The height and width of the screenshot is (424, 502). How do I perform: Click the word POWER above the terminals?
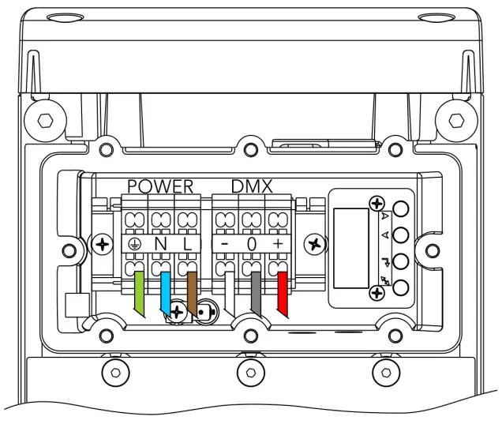tap(160, 186)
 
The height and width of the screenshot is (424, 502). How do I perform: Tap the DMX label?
tap(252, 186)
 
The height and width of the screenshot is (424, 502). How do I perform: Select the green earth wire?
tap(139, 293)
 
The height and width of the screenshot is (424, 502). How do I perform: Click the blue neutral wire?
tap(166, 293)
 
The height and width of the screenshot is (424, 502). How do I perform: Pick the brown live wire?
tap(192, 293)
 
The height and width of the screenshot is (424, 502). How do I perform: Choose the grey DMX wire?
tap(256, 293)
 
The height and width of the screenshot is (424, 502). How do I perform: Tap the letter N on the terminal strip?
tap(160, 244)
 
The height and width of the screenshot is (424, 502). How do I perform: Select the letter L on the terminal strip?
tap(186, 244)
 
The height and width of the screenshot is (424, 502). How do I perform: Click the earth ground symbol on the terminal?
tap(135, 244)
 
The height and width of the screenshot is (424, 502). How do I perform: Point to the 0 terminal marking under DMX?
tap(252, 245)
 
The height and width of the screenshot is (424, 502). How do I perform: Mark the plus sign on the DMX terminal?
tap(278, 245)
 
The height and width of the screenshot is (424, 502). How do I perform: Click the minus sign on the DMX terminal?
tap(225, 245)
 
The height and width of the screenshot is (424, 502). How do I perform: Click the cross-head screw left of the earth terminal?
tap(102, 245)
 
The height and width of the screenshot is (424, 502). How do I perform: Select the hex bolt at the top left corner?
tap(47, 120)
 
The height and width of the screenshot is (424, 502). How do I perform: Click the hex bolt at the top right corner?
tap(456, 120)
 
